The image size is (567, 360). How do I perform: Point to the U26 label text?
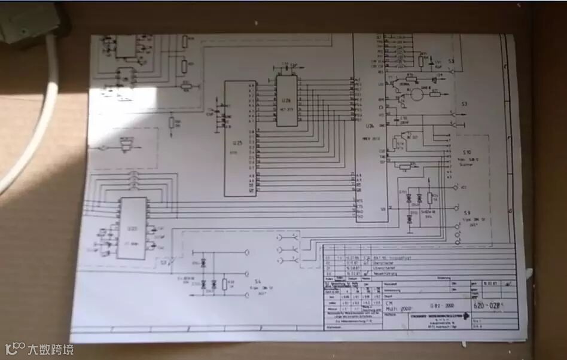point(369,126)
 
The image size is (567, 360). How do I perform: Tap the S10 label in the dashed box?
point(466,152)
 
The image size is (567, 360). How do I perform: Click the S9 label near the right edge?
point(467,213)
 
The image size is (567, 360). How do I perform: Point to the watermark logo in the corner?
point(14,348)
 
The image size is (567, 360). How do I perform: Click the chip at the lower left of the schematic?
point(132,228)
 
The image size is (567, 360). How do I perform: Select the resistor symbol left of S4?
point(224,283)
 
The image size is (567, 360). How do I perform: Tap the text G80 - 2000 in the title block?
point(442,304)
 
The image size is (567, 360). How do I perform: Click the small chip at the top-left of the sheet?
point(126,47)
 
